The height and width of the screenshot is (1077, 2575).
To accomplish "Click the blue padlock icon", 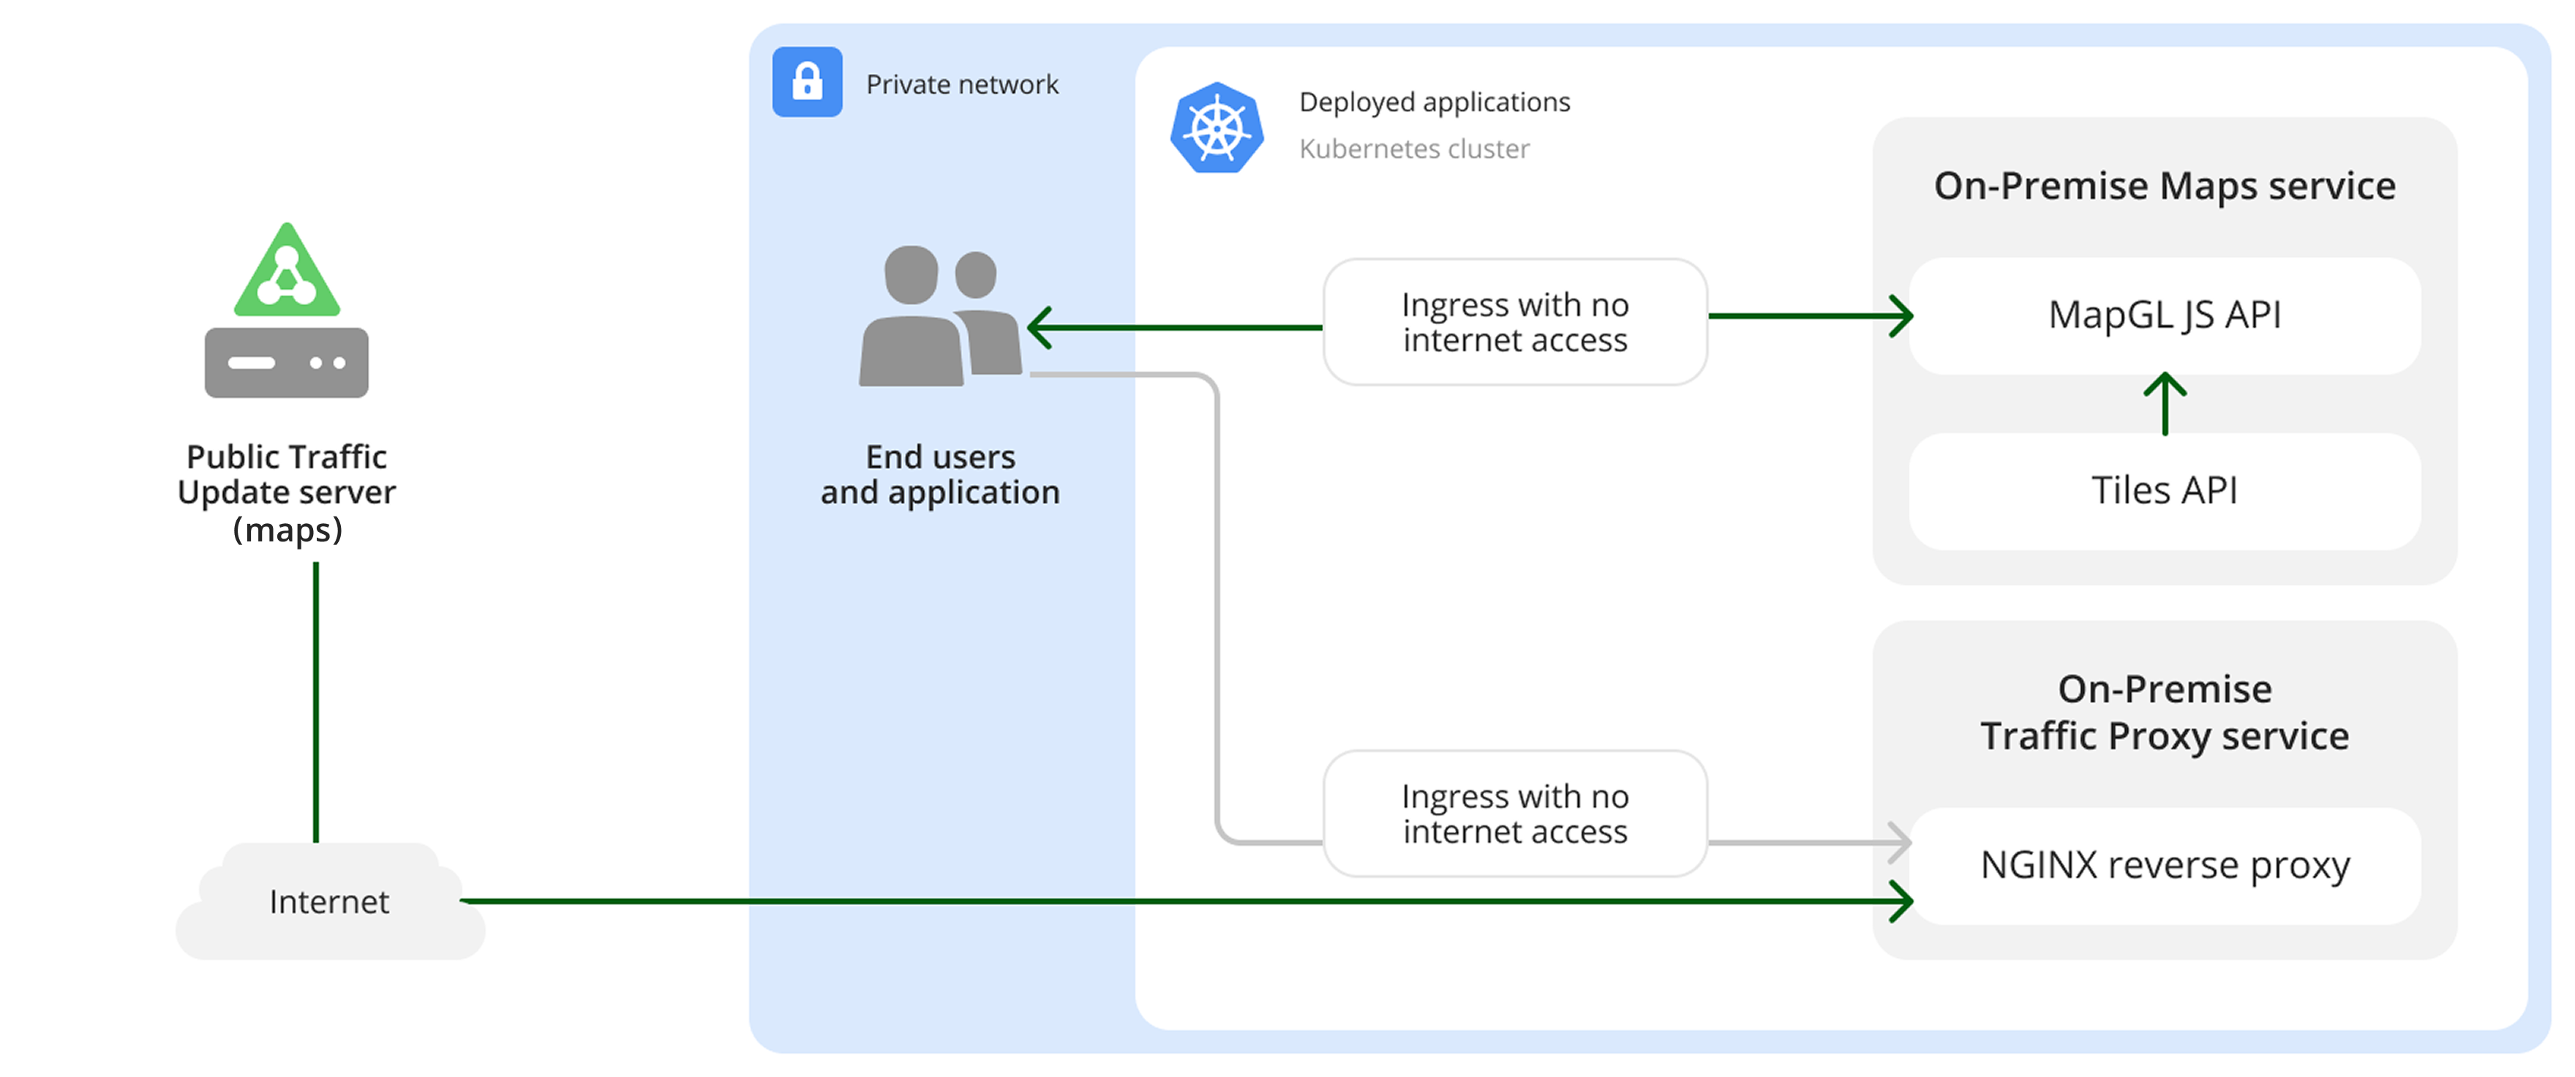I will click(807, 82).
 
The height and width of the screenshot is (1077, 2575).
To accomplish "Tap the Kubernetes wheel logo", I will click(1217, 129).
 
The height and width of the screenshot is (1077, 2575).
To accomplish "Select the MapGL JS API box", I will click(2164, 316).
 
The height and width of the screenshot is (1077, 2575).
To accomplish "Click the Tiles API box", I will click(2164, 491).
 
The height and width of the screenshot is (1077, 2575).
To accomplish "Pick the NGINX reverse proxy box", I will click(2164, 865).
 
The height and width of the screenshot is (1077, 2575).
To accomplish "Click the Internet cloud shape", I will click(330, 902).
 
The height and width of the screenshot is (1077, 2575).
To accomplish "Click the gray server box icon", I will click(287, 363).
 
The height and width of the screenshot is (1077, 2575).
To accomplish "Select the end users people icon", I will click(939, 318).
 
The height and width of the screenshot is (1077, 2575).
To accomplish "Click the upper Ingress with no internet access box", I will click(1514, 322).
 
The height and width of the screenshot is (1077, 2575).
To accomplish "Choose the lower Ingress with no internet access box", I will click(1514, 814).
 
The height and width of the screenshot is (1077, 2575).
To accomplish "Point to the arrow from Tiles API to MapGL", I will click(2164, 403).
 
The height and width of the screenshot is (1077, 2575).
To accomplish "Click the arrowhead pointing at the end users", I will click(1040, 328).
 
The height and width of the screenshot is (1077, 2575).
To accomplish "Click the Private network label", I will click(962, 85).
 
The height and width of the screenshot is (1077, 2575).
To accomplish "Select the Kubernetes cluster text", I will click(1413, 149).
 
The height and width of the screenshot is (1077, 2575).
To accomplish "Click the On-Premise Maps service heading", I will click(2164, 186).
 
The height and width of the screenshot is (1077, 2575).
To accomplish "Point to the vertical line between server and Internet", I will click(316, 700).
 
